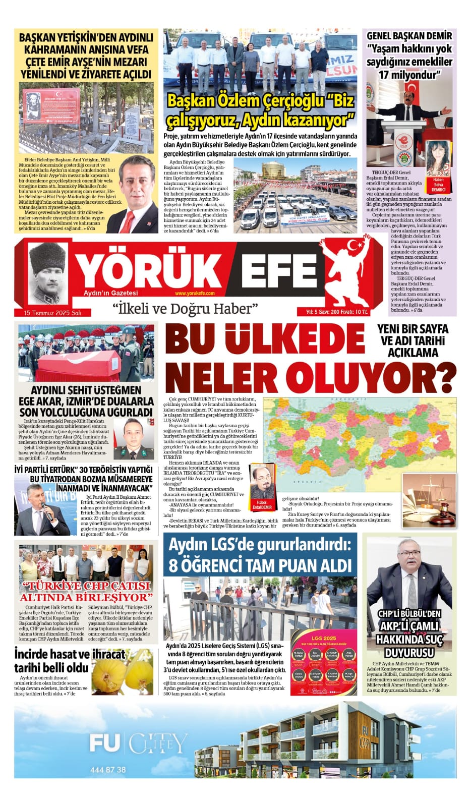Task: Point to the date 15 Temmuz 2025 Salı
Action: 52,313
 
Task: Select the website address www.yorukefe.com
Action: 195,294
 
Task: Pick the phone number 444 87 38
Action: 108,770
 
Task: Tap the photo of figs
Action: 123,670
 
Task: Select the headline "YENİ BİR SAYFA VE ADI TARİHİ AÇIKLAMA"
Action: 412,340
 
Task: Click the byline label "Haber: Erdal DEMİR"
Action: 264,504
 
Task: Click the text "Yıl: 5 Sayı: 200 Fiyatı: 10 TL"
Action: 336,312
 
